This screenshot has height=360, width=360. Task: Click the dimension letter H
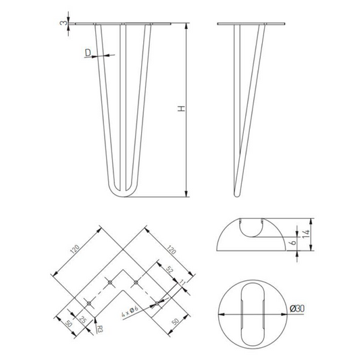(182, 109)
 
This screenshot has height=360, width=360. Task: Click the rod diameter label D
(88, 53)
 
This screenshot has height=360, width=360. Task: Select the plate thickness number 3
(64, 23)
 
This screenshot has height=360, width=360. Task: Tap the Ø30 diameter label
(297, 309)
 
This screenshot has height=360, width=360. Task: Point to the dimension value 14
(306, 234)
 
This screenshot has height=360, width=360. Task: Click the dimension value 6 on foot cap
(294, 242)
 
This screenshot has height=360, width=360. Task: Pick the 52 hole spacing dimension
(170, 270)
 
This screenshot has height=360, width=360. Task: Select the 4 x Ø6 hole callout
(130, 311)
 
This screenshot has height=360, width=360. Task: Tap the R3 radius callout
(100, 329)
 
